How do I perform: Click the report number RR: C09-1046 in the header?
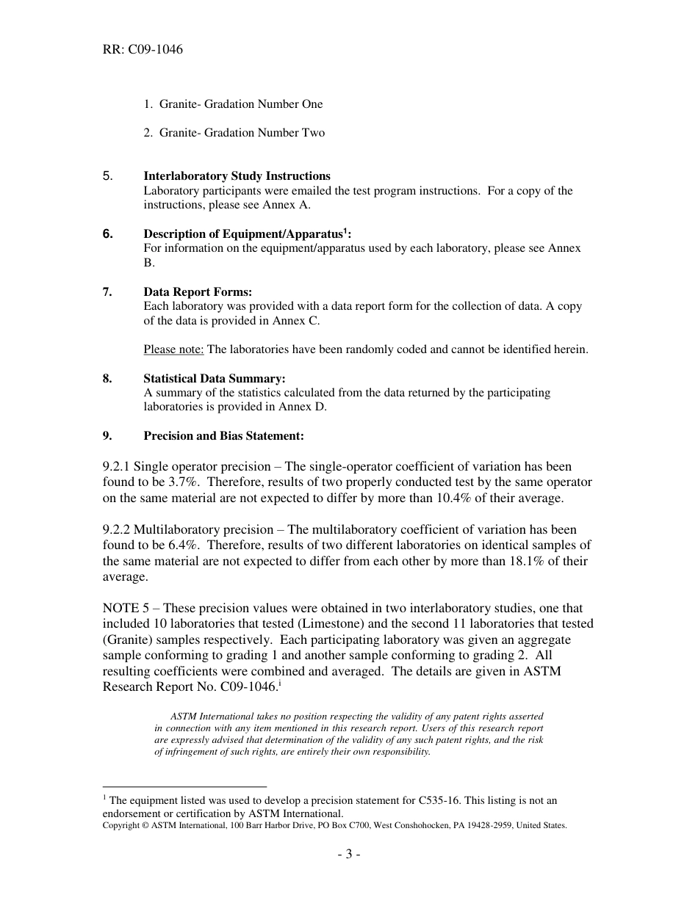(x=143, y=50)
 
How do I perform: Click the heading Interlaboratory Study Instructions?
(x=237, y=176)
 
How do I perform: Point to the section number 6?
(x=108, y=234)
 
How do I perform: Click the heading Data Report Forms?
(x=198, y=292)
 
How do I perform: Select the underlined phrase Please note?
(x=173, y=349)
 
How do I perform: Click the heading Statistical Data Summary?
(x=215, y=379)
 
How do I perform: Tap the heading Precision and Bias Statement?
(x=223, y=436)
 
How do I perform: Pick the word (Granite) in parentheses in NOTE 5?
(x=129, y=640)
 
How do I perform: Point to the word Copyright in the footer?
(x=121, y=825)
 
